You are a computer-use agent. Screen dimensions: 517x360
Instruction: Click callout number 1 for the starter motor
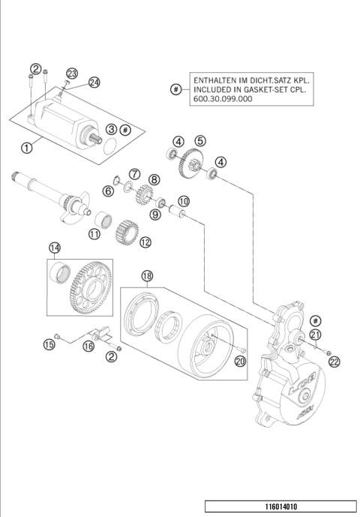click(x=26, y=148)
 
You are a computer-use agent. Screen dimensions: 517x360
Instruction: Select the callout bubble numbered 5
click(x=199, y=140)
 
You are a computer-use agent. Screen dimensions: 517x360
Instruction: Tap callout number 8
click(x=154, y=179)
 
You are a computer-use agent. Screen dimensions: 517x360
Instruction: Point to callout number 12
click(x=145, y=242)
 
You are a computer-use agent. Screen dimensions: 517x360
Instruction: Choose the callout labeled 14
click(x=55, y=247)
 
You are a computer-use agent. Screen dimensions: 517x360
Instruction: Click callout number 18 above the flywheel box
click(x=147, y=276)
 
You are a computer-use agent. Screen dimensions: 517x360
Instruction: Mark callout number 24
click(x=94, y=82)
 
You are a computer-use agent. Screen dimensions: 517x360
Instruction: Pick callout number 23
click(x=72, y=73)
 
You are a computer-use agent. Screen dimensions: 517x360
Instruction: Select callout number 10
click(x=183, y=201)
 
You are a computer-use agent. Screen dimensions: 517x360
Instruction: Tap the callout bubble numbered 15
click(x=49, y=344)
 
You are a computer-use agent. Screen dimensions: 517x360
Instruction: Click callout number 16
click(x=88, y=346)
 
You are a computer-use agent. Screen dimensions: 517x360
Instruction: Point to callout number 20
click(x=240, y=362)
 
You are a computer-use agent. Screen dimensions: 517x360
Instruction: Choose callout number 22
click(x=334, y=361)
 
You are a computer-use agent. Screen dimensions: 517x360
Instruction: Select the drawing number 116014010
click(x=283, y=506)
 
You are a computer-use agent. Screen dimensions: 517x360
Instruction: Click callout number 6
click(x=108, y=192)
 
